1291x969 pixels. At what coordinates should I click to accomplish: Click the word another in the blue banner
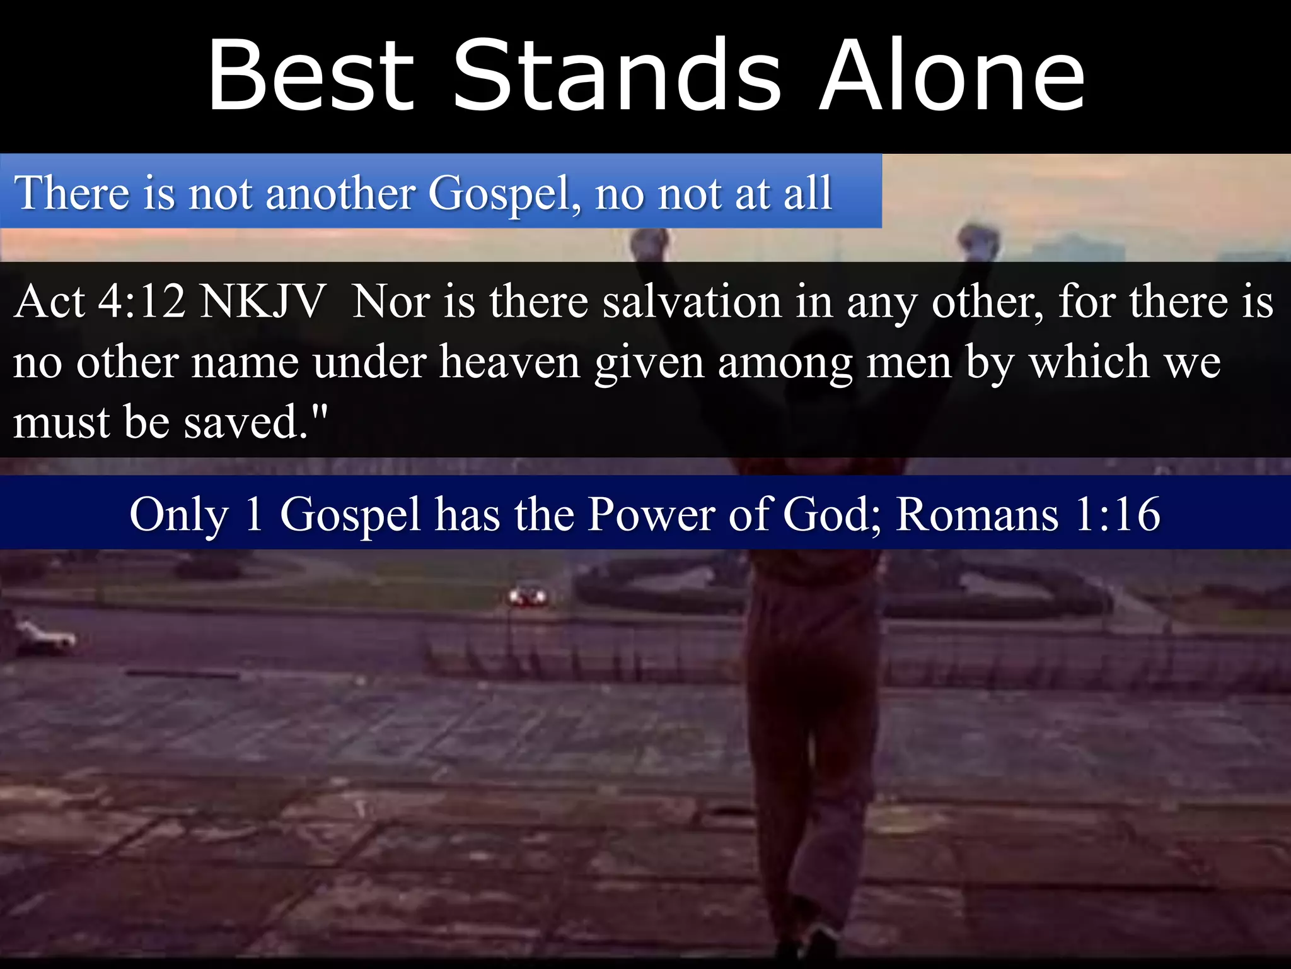pyautogui.click(x=340, y=193)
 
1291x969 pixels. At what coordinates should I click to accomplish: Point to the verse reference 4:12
pyautogui.click(x=142, y=302)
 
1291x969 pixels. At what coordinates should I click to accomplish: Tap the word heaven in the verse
pyautogui.click(x=509, y=362)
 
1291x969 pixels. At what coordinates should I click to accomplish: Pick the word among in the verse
pyautogui.click(x=785, y=363)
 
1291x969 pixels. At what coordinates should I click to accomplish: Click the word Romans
pyautogui.click(x=977, y=514)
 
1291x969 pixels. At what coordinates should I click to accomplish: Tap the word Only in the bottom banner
pyautogui.click(x=179, y=515)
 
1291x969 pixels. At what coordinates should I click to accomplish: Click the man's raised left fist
pyautogui.click(x=649, y=243)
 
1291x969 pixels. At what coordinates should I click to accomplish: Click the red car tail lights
pyautogui.click(x=528, y=595)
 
